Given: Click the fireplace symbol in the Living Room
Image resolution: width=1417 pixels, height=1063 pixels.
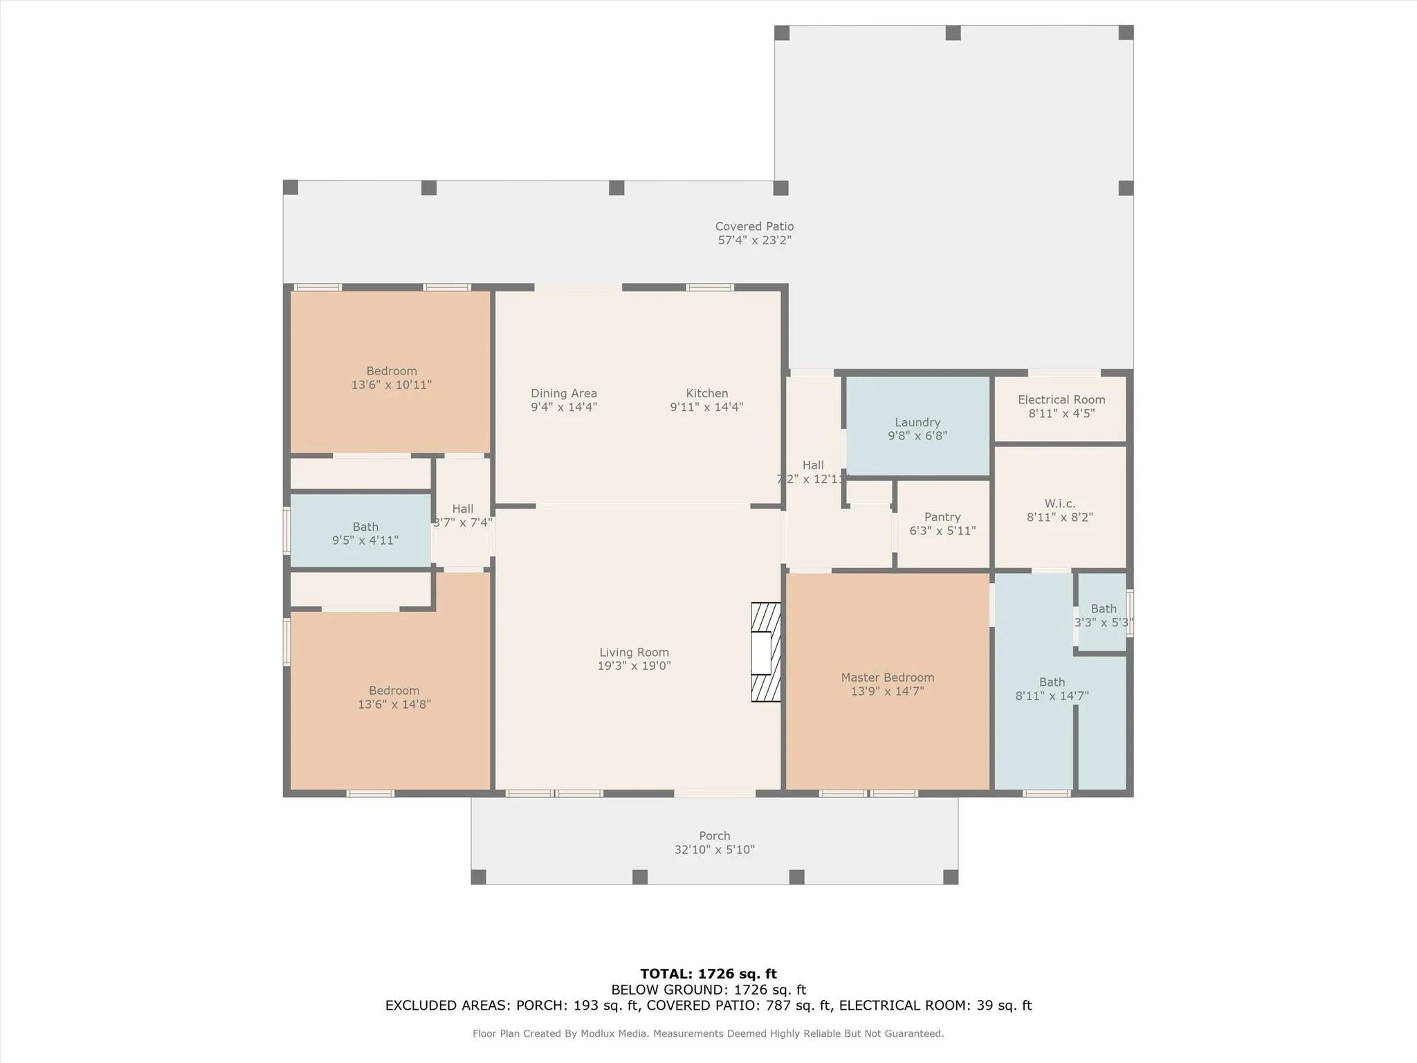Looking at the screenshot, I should click(765, 652).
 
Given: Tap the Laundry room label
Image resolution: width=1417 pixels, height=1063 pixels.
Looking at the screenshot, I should click(917, 422).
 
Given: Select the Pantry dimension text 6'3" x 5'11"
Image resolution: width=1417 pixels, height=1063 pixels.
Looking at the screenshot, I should click(942, 531).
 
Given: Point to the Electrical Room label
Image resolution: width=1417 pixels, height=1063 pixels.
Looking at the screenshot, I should click(1061, 399).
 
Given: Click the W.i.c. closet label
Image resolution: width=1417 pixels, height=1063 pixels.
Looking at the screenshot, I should click(1059, 503).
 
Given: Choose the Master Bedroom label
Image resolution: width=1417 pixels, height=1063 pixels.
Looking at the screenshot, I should click(887, 678).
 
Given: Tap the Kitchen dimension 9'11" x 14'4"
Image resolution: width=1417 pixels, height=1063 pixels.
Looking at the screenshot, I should click(706, 407).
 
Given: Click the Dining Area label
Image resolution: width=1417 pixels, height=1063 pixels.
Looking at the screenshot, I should click(563, 393).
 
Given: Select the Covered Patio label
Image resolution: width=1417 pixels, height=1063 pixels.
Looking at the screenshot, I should click(753, 226).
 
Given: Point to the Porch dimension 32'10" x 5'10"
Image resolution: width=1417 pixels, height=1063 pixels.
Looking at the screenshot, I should click(714, 849).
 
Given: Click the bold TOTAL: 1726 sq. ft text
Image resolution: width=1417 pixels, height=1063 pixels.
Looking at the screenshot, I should click(708, 974).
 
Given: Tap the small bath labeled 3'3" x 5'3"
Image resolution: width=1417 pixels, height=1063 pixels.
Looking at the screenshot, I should click(1103, 615).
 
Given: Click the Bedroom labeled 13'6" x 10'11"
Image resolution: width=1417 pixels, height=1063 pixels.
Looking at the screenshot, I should click(391, 378).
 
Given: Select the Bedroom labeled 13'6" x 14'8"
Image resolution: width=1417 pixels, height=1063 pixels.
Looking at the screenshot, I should click(394, 698).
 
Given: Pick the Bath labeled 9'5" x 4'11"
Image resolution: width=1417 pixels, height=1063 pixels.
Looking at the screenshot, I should click(365, 533).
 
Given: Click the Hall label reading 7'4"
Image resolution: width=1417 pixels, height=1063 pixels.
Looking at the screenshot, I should click(462, 516).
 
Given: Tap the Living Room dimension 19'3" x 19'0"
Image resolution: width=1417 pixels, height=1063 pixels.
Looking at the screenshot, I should click(634, 666).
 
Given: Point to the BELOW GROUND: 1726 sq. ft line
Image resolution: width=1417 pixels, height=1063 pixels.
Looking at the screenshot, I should click(708, 990).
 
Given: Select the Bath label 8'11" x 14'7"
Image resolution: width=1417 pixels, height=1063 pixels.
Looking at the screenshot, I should click(1051, 689).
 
